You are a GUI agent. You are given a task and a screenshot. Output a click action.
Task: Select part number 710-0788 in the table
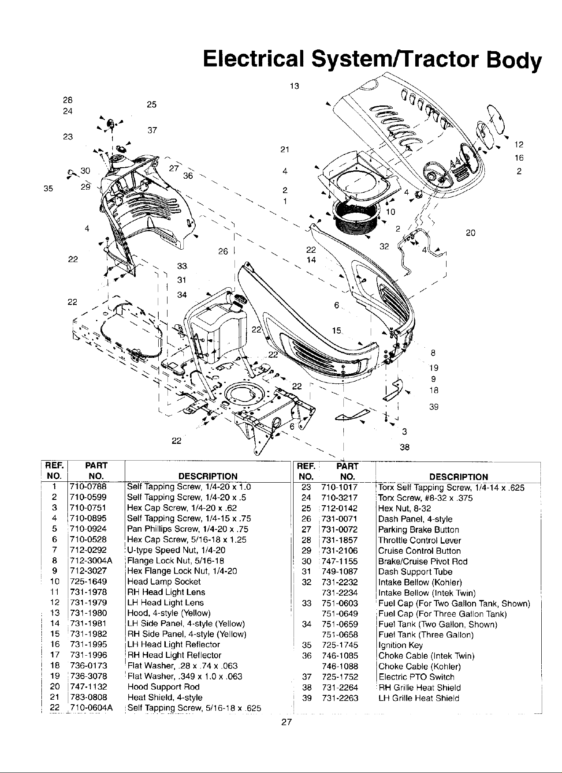[x=88, y=487]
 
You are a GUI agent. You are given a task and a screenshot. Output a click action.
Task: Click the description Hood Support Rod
[x=163, y=687]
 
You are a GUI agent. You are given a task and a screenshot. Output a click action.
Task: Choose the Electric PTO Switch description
[x=416, y=677]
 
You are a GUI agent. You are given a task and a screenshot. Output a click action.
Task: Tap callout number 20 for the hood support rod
[x=470, y=233]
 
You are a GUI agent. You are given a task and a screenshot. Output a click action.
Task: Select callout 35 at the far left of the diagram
[x=48, y=189]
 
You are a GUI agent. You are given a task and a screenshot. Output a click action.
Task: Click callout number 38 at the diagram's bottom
[x=404, y=447]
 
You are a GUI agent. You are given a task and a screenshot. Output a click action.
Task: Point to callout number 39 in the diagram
[x=434, y=407]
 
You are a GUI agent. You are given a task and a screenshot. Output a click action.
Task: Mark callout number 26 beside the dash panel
[x=223, y=251]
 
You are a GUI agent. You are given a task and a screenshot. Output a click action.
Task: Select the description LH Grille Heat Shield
[x=419, y=698]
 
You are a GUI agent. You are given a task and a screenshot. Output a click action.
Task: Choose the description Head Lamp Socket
[x=157, y=581]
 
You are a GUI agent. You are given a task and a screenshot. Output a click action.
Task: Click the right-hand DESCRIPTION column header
[x=458, y=477]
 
